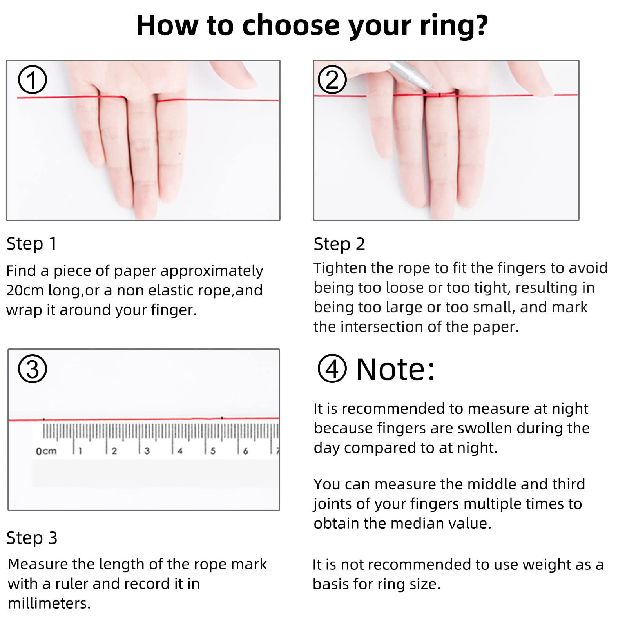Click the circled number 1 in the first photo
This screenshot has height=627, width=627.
pos(33,80)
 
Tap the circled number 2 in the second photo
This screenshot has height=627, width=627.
pos(332,80)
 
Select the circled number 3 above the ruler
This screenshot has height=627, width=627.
pos(33,369)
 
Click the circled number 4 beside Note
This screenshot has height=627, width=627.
pos(332,369)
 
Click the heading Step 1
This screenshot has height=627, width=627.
pos(32,244)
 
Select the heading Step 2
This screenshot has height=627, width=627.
pos(339,244)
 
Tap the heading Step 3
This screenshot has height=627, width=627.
pos(32,538)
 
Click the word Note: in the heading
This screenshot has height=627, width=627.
pos(395,369)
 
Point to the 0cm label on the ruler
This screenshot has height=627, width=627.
pos(46,451)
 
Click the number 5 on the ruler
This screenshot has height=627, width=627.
pos(213,451)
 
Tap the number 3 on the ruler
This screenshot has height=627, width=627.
pos(147,451)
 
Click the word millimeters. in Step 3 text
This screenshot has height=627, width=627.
pos(49,603)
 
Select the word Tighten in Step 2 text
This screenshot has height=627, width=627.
pos(340,268)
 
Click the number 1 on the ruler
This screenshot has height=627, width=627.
pos(80,451)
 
